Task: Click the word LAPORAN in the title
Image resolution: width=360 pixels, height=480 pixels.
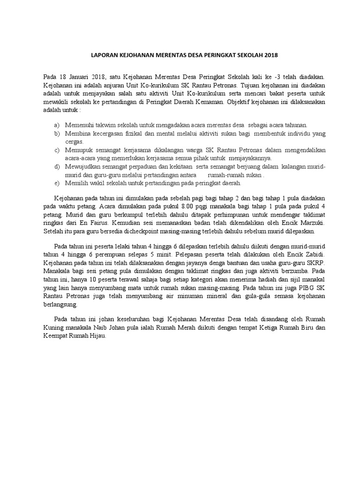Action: (x=103, y=55)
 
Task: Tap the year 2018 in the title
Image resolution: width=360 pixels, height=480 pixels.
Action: (x=271, y=55)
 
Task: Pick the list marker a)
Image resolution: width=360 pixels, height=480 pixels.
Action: (x=57, y=126)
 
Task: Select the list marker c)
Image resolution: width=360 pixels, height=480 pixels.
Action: (x=57, y=150)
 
